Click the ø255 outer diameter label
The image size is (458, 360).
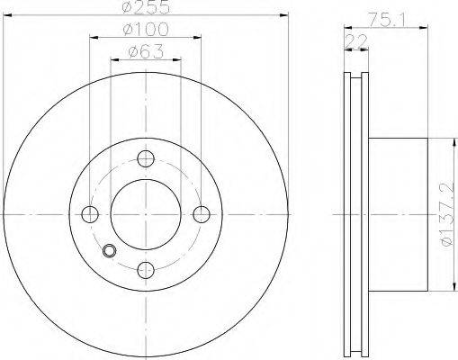point(146,8)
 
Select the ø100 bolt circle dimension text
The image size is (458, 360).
point(146,30)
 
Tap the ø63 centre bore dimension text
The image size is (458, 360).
point(146,51)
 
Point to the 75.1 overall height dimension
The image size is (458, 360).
point(387,20)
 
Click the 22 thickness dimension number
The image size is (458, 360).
point(356,41)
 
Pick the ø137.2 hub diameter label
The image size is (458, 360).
point(447,214)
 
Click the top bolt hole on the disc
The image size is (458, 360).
point(146,158)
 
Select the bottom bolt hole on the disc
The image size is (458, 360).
point(146,270)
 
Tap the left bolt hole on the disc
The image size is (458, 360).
point(90,214)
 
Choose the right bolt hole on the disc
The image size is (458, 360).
point(202,214)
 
